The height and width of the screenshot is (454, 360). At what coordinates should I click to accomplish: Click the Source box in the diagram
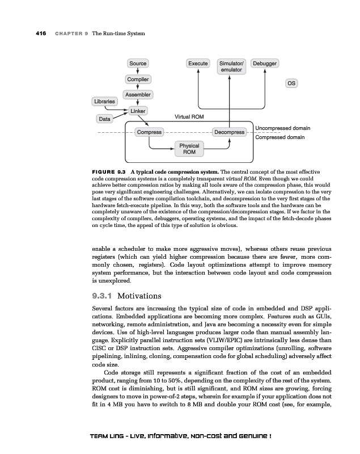pyautogui.click(x=138, y=64)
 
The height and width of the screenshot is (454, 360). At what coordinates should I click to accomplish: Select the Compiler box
pyautogui.click(x=138, y=79)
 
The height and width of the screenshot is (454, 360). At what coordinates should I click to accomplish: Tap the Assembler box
pyautogui.click(x=138, y=94)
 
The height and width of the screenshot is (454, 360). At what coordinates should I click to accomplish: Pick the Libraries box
pyautogui.click(x=104, y=102)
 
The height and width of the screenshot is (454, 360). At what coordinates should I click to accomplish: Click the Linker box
pyautogui.click(x=138, y=111)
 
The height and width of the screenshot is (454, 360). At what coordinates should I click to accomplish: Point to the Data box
pyautogui.click(x=104, y=119)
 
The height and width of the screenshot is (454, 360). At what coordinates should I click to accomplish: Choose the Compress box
pyautogui.click(x=149, y=132)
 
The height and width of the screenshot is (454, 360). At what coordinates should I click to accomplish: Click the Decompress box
pyautogui.click(x=229, y=132)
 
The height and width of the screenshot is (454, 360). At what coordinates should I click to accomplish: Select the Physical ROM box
pyautogui.click(x=189, y=149)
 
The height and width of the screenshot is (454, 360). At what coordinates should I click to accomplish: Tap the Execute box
pyautogui.click(x=198, y=64)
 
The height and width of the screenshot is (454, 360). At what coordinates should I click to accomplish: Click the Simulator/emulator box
pyautogui.click(x=231, y=66)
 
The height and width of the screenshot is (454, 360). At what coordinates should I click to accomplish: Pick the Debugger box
pyautogui.click(x=265, y=64)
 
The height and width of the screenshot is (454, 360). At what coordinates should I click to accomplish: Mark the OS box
pyautogui.click(x=291, y=83)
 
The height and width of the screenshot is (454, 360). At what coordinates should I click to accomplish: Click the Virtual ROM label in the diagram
pyautogui.click(x=189, y=116)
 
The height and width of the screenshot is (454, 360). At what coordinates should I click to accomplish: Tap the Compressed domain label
pyautogui.click(x=280, y=137)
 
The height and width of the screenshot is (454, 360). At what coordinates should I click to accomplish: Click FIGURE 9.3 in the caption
pyautogui.click(x=108, y=171)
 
